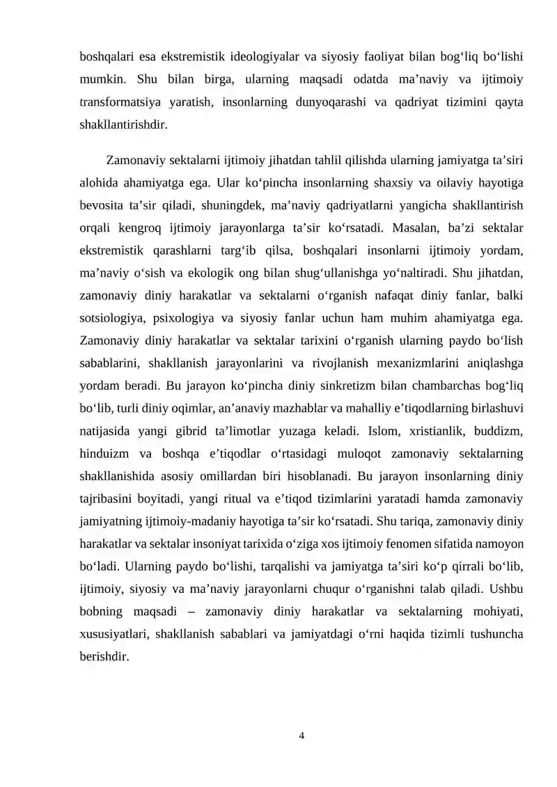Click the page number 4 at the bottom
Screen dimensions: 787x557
301,736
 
